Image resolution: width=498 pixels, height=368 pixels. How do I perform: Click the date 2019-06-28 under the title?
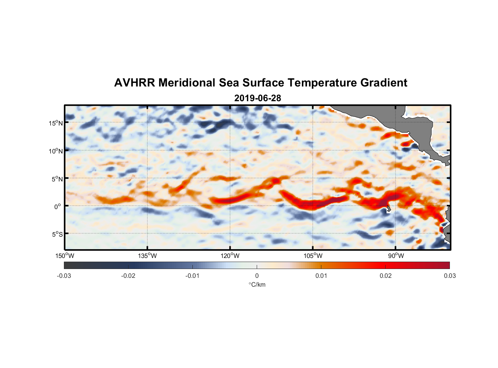pyautogui.click(x=257, y=98)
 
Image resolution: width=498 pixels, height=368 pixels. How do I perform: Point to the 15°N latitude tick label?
pyautogui.click(x=56, y=123)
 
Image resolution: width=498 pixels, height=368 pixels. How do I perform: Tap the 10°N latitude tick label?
pyautogui.click(x=56, y=151)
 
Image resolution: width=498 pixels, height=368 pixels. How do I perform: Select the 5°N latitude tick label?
pyautogui.click(x=57, y=179)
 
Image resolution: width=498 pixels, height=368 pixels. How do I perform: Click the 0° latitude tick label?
pyautogui.click(x=58, y=206)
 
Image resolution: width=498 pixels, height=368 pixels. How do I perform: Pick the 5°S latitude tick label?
pyautogui.click(x=57, y=234)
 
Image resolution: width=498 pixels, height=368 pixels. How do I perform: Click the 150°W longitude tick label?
pyautogui.click(x=65, y=256)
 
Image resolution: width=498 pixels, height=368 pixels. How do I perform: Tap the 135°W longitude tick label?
pyautogui.click(x=147, y=256)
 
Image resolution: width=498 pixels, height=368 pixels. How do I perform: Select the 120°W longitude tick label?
pyautogui.click(x=230, y=256)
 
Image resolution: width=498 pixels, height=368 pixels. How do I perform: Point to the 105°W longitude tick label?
pyautogui.click(x=313, y=256)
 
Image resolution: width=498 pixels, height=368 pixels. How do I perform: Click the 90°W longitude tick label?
pyautogui.click(x=396, y=256)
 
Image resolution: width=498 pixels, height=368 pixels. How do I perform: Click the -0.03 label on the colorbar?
pyautogui.click(x=64, y=276)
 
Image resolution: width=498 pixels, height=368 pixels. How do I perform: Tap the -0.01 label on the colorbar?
pyautogui.click(x=192, y=276)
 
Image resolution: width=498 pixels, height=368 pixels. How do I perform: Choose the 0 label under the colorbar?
pyautogui.click(x=257, y=276)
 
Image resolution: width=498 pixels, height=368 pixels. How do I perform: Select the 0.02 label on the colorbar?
pyautogui.click(x=386, y=276)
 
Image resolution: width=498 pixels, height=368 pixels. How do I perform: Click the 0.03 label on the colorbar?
pyautogui.click(x=450, y=276)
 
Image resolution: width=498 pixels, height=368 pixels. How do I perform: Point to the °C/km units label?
pyautogui.click(x=257, y=284)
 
